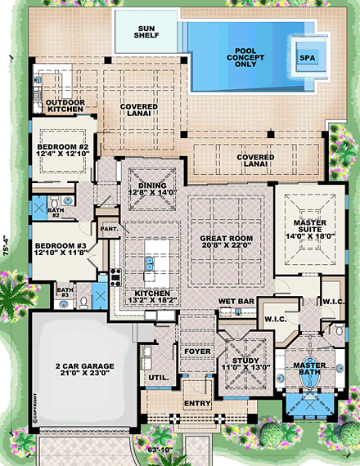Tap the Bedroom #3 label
[x=61, y=246]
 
